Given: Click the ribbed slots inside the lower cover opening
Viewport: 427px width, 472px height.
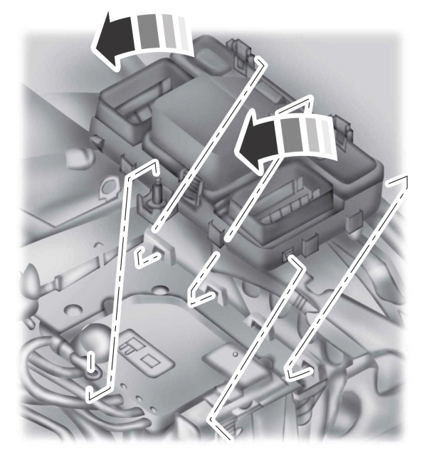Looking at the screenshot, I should (x=281, y=205).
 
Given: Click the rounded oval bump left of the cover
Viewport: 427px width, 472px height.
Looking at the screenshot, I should (x=71, y=154).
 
